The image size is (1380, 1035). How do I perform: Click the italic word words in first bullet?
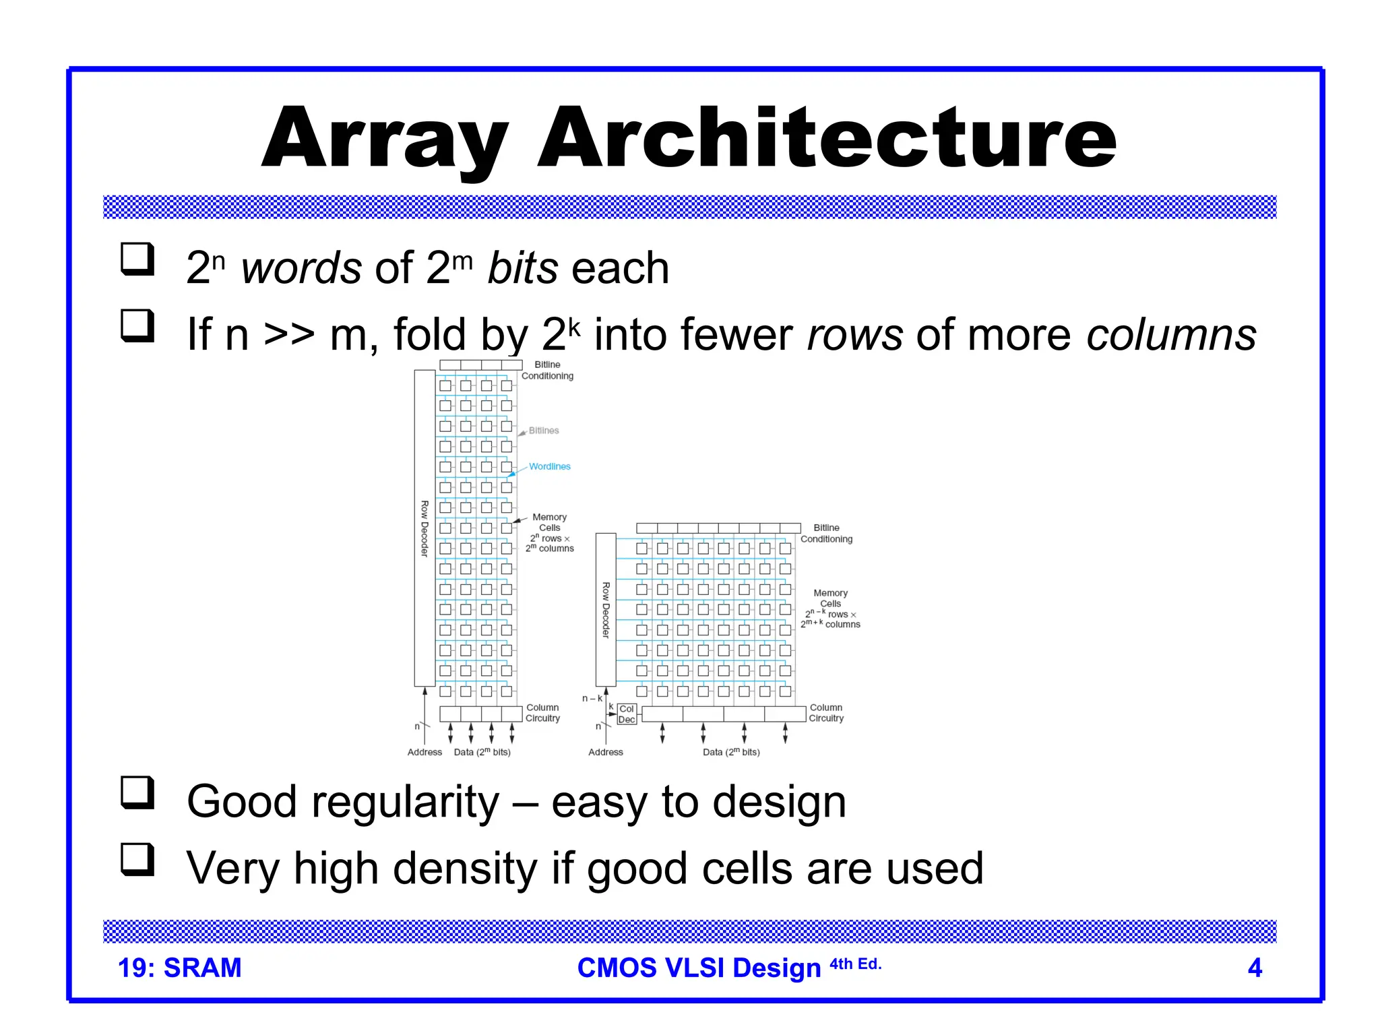pyautogui.click(x=301, y=268)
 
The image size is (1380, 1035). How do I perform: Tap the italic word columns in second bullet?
pyautogui.click(x=1171, y=335)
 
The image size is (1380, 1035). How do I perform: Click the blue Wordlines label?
pyautogui.click(x=549, y=466)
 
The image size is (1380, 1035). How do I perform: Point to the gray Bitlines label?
pyautogui.click(x=543, y=431)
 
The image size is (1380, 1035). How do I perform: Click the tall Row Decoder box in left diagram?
pyautogui.click(x=425, y=528)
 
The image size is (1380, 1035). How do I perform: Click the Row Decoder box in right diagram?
pyautogui.click(x=606, y=609)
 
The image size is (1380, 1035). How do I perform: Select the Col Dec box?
pyautogui.click(x=627, y=714)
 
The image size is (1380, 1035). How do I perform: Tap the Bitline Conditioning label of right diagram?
pyautogui.click(x=826, y=534)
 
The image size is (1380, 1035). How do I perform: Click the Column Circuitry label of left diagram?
pyautogui.click(x=542, y=713)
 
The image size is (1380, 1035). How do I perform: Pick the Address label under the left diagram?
pyautogui.click(x=425, y=752)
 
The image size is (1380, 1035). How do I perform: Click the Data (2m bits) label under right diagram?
pyautogui.click(x=731, y=752)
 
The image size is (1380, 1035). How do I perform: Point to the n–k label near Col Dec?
pyautogui.click(x=592, y=699)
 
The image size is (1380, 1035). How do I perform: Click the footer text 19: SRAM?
pyautogui.click(x=179, y=968)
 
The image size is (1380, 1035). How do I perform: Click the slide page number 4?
pyautogui.click(x=1255, y=968)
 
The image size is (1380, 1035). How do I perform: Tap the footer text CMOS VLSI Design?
pyautogui.click(x=699, y=968)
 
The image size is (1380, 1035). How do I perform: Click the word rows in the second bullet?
pyautogui.click(x=854, y=335)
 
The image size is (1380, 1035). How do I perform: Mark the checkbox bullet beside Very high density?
pyautogui.click(x=137, y=859)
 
